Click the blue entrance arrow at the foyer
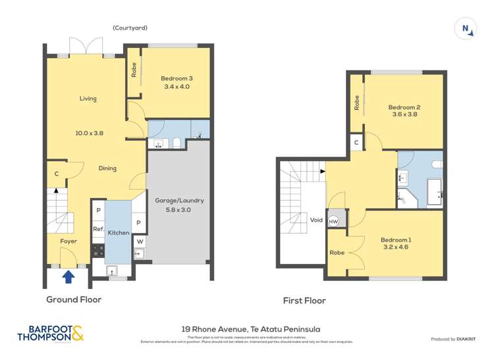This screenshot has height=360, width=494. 68,276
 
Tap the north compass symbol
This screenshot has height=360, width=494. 466,28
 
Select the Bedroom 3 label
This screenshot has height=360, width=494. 177,78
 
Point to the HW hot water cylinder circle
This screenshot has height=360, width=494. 333,221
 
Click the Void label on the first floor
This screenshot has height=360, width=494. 316,220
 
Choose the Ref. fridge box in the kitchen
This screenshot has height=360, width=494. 97,229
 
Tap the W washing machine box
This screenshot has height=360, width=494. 140,241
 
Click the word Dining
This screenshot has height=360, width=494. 107,168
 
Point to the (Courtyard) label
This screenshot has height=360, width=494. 130,28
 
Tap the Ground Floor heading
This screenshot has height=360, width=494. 74,299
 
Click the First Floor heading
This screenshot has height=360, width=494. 304,301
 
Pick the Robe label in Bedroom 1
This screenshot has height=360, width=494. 337,252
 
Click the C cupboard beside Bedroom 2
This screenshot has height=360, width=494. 356,142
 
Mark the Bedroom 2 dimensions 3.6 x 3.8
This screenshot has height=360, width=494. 404,115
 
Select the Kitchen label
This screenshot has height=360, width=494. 119,233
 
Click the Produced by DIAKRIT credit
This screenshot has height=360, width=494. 453,339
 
